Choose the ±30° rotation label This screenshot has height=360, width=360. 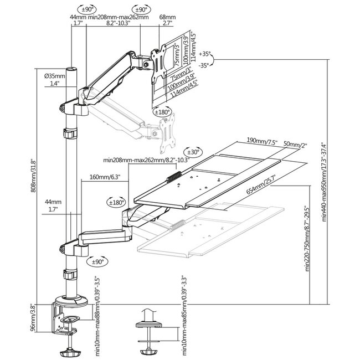193,151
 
